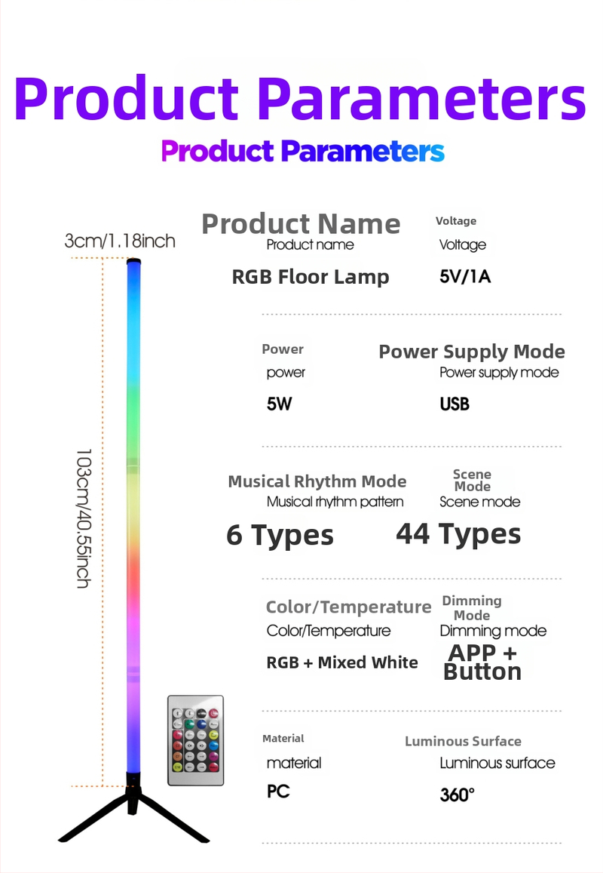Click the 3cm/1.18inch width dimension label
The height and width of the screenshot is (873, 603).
(120, 241)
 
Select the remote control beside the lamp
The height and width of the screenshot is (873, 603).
(195, 740)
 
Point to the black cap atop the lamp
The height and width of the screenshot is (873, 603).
(133, 262)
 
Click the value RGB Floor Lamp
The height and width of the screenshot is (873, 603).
(311, 277)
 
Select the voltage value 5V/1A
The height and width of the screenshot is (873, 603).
(465, 276)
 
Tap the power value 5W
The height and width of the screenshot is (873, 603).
(279, 404)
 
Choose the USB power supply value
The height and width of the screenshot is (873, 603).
(455, 404)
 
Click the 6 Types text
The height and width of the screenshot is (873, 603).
(280, 535)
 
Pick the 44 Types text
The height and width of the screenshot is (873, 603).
(458, 533)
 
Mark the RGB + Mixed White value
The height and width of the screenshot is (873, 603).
(342, 662)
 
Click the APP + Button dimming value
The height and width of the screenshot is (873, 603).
(482, 662)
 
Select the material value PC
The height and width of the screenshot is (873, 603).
(278, 792)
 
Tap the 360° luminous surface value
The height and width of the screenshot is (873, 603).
(458, 795)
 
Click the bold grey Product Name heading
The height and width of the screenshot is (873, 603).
(301, 223)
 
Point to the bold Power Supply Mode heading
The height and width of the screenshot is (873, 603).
(472, 352)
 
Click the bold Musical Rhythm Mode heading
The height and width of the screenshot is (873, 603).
(317, 481)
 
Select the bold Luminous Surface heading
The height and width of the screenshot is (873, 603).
(463, 741)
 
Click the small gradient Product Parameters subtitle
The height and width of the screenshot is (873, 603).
(303, 151)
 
